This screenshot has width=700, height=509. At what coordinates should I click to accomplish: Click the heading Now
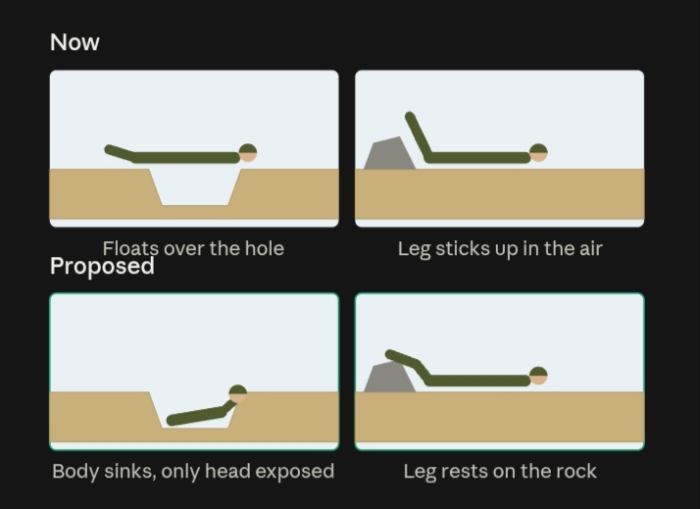[75, 42]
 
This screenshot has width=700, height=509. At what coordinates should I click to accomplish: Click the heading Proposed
[102, 266]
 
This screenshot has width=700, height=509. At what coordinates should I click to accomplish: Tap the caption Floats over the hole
[193, 248]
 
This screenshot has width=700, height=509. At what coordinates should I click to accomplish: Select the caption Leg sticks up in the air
[500, 249]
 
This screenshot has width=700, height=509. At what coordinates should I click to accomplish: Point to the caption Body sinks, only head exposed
[193, 471]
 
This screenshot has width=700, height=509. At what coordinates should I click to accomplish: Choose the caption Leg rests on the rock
[500, 471]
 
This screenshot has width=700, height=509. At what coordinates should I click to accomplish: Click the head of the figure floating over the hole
[248, 153]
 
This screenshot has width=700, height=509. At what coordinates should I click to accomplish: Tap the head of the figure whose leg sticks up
[538, 153]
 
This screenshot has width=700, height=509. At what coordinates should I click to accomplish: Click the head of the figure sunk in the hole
[237, 394]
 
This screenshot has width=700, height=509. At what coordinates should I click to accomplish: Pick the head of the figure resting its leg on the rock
[538, 376]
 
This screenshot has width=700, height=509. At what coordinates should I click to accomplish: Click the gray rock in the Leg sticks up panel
[390, 154]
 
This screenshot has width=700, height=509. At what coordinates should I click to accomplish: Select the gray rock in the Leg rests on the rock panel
[390, 378]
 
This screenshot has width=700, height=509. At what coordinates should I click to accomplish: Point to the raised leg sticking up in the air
[419, 136]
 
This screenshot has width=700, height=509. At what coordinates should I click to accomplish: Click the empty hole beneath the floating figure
[195, 187]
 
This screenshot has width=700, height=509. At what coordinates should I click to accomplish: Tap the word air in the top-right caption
[591, 249]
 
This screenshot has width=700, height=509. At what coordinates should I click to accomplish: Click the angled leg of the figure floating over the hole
[121, 153]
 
